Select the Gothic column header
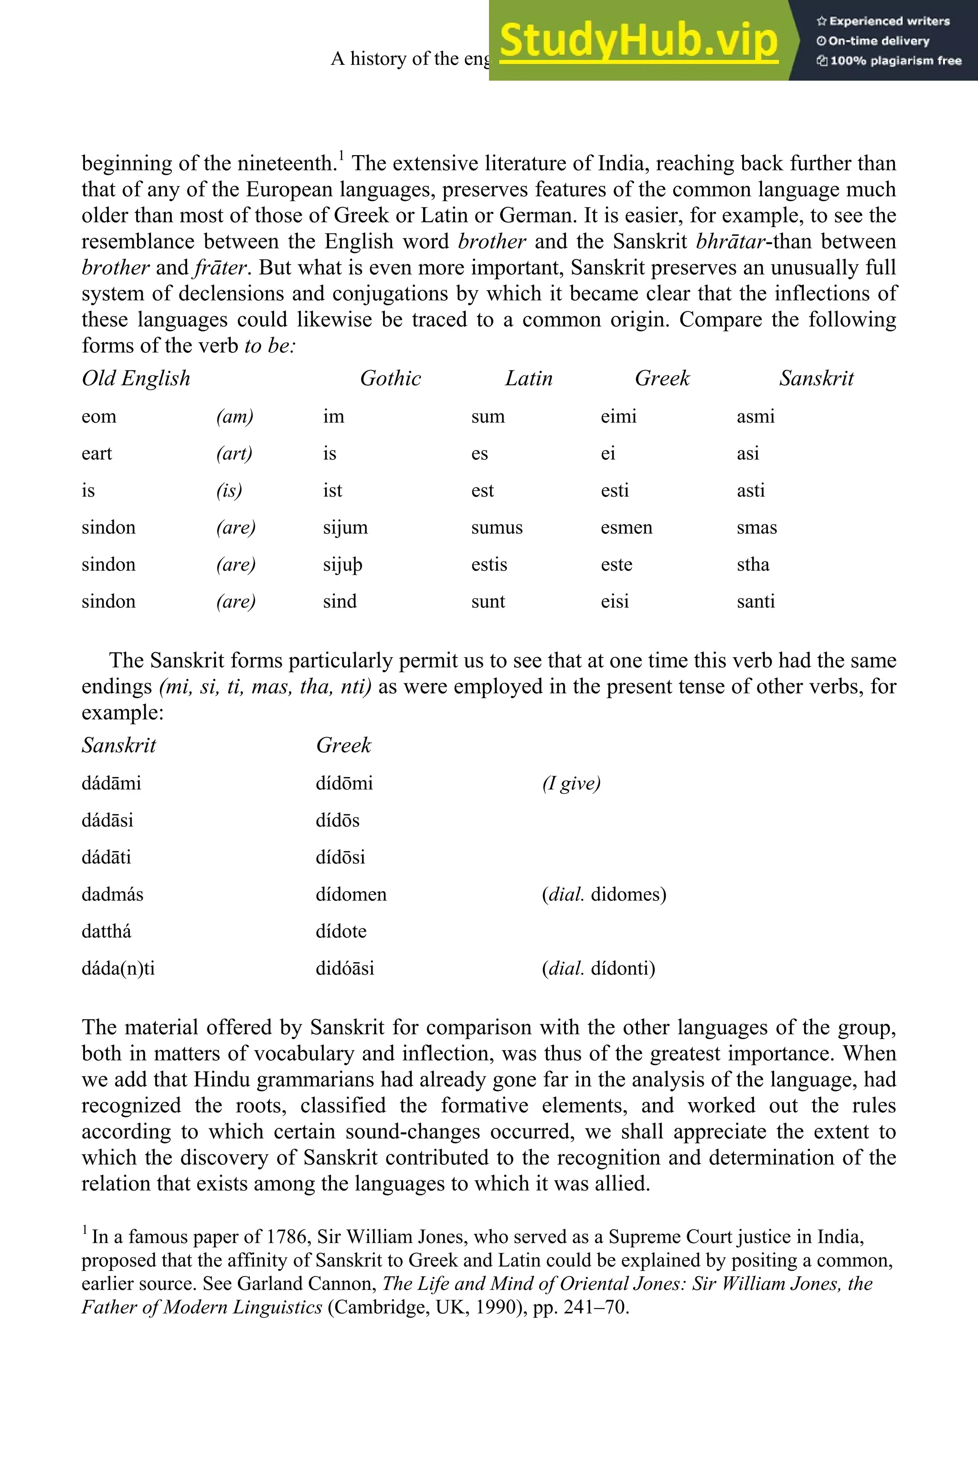tap(391, 379)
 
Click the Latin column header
tap(528, 379)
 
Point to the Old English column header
tap(136, 379)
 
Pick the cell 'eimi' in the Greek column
tap(618, 416)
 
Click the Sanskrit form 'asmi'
tap(755, 416)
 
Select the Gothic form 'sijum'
tap(345, 528)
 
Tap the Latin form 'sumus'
tap(497, 528)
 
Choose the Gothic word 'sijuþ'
tap(342, 565)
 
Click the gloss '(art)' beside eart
tap(234, 454)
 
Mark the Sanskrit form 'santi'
tap(755, 602)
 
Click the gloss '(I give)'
tap(571, 783)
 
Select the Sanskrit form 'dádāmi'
tap(111, 783)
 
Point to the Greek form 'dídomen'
tap(351, 894)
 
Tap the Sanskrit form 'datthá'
tap(106, 931)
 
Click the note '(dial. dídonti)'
tap(598, 968)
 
